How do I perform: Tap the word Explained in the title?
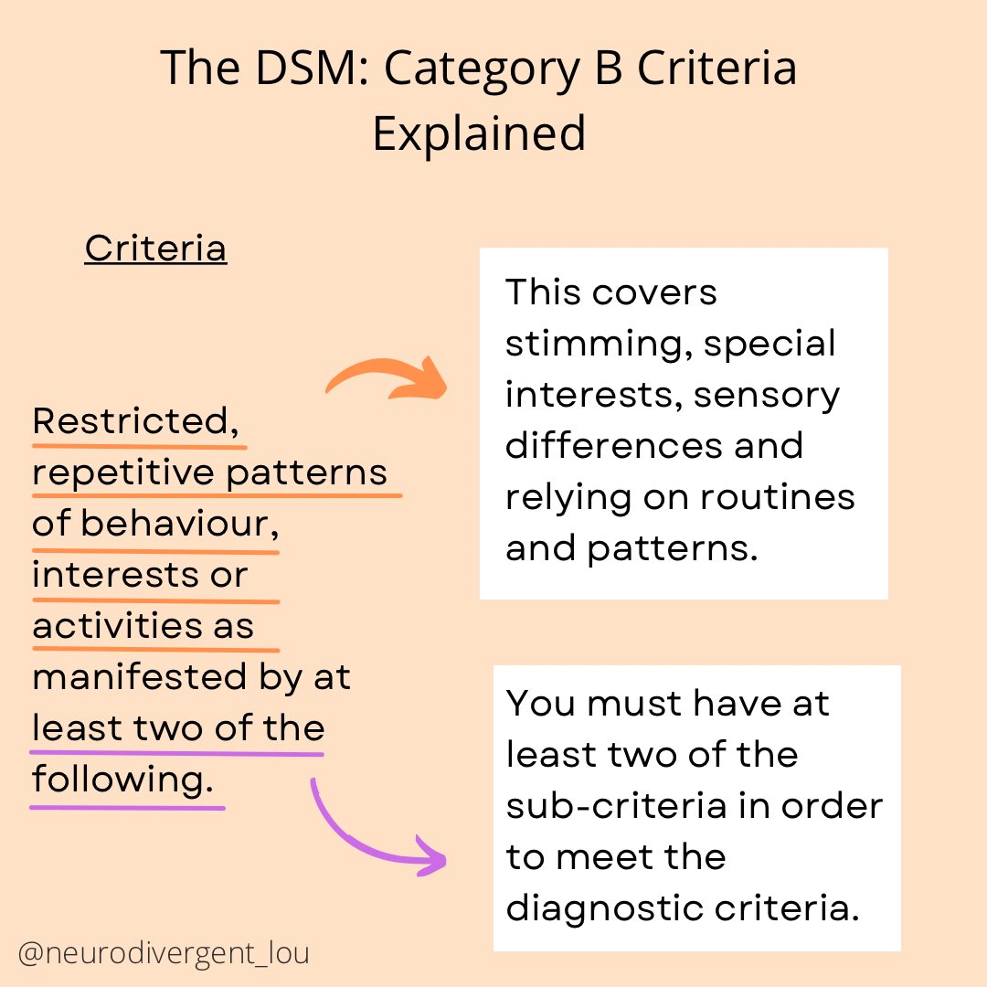pos(479,134)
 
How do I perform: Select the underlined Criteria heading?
pos(155,249)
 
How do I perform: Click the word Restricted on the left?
pos(130,422)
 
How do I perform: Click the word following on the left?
pos(128,780)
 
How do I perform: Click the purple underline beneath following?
pos(128,808)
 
